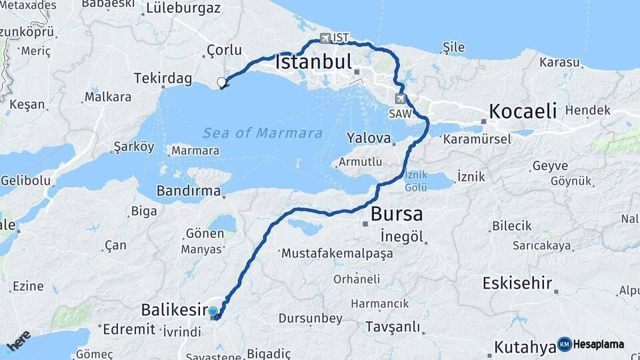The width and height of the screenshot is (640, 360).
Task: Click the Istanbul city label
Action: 313,63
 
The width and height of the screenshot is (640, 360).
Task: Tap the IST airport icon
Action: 325,38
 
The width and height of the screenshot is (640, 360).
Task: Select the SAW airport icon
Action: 400,99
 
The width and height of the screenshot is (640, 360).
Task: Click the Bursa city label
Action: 397,214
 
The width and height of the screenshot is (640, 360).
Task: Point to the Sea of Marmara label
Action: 263,133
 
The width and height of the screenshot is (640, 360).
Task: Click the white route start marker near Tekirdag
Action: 222,83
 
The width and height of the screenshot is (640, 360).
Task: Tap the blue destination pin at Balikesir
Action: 213,311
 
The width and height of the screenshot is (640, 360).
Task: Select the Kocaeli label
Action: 523,111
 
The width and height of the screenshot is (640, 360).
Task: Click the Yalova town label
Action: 368,139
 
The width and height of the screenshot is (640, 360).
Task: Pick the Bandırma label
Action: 188,191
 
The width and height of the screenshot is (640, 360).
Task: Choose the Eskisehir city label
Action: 517,283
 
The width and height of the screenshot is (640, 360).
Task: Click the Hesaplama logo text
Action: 598,344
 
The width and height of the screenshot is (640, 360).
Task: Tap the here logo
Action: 18,341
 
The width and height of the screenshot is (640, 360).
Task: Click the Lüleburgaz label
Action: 183,9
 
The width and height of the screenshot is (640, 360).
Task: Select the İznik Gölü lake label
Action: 416,181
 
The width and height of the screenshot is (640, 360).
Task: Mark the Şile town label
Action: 453,47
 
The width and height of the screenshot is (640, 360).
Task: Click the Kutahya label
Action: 525,347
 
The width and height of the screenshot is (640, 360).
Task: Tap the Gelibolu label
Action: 25,181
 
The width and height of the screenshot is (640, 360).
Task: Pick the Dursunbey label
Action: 310,319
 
